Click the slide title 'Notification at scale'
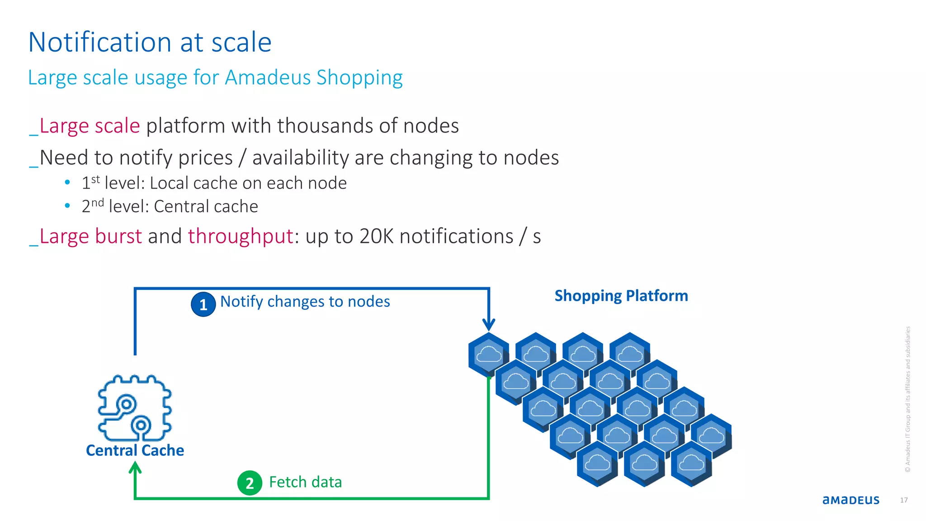[x=150, y=43]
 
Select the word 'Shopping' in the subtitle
[x=359, y=78]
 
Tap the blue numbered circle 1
[x=203, y=304]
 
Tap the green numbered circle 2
[x=250, y=483]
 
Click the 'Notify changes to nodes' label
[x=305, y=302]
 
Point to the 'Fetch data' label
[x=305, y=482]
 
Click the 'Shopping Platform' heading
[x=621, y=296]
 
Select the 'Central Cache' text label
[x=135, y=450]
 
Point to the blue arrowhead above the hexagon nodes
[x=489, y=324]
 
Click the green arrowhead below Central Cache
[x=135, y=469]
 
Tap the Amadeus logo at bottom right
[x=850, y=500]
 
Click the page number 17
[x=903, y=500]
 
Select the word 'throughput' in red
[x=241, y=237]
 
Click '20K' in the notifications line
[x=376, y=237]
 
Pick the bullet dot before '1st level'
[x=67, y=182]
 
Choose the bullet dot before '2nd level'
[x=67, y=206]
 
